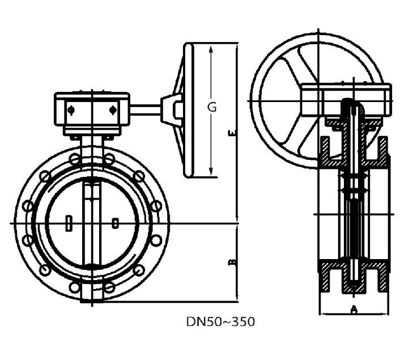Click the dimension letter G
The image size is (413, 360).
[x=211, y=107]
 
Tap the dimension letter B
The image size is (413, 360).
[x=232, y=262]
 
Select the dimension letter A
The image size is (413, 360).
[x=354, y=309]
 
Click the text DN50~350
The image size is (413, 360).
[x=220, y=321]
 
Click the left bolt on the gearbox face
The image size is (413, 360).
[x=71, y=109]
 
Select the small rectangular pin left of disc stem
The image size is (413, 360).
[x=69, y=223]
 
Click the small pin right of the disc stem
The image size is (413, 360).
[x=115, y=223]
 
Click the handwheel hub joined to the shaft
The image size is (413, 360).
[x=172, y=108]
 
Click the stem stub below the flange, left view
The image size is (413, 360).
[x=91, y=298]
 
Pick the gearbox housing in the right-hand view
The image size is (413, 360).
[x=346, y=100]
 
